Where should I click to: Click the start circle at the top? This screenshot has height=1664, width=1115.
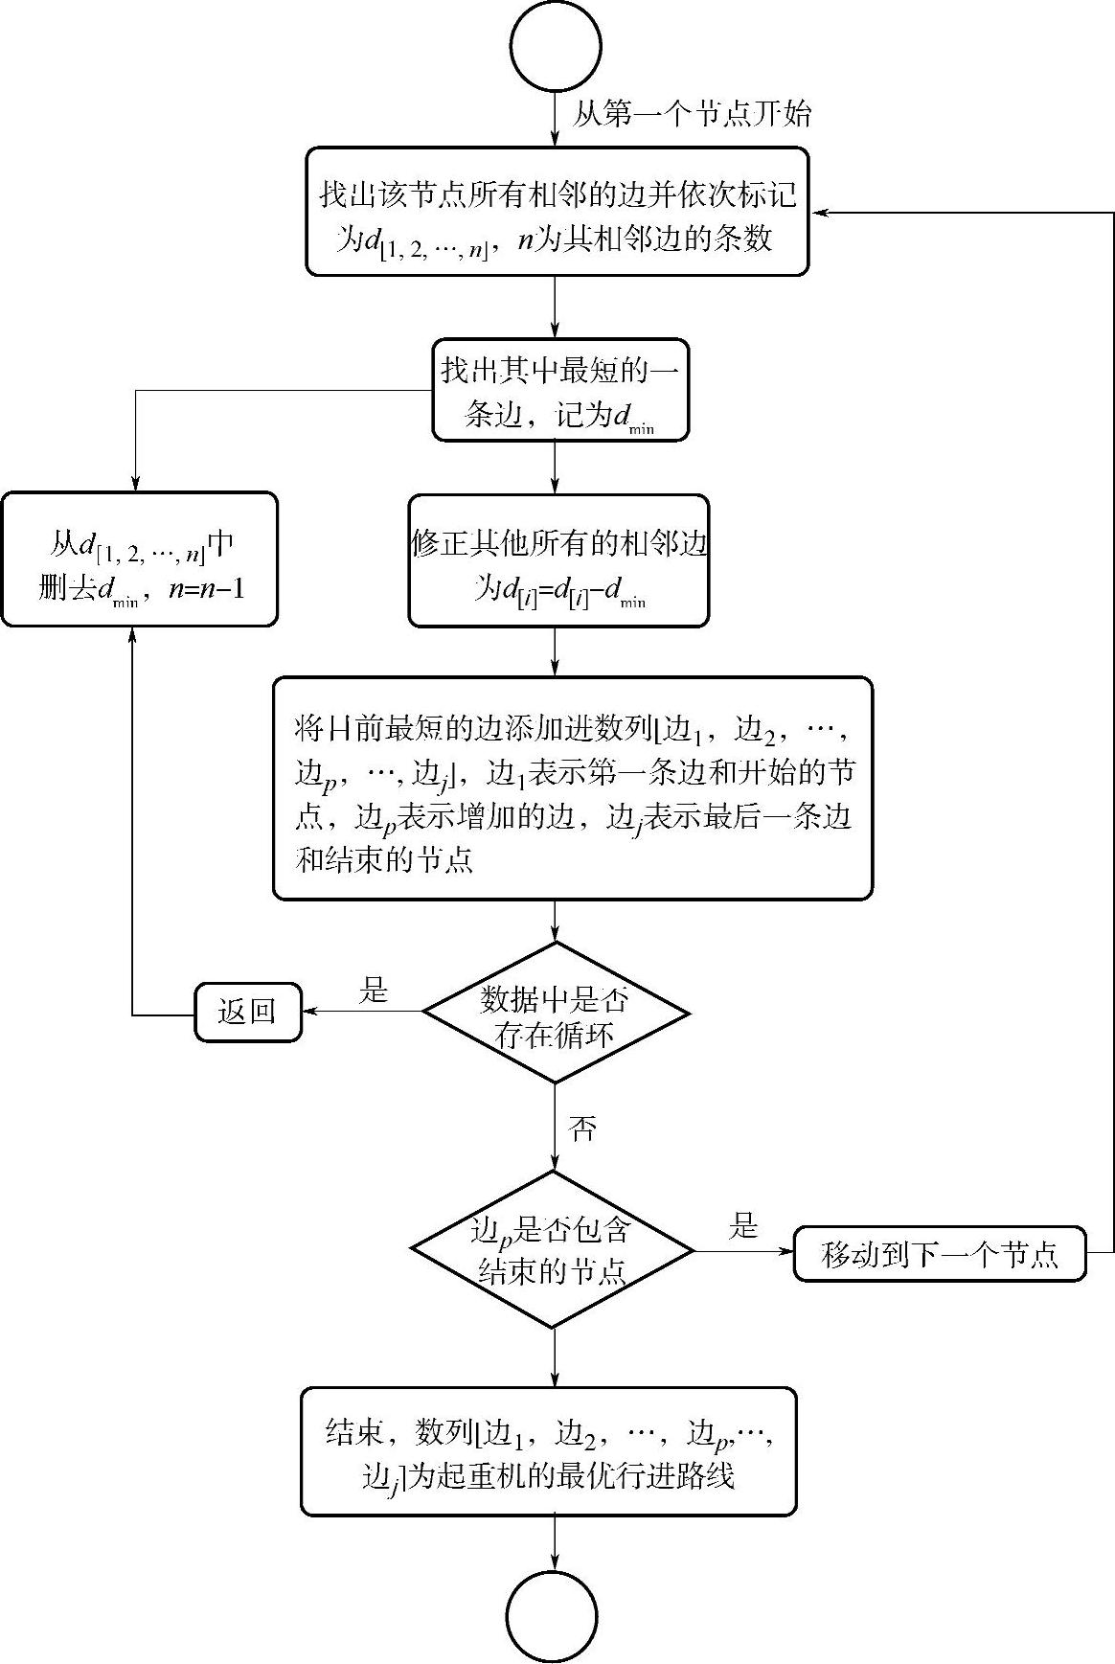pos(557,46)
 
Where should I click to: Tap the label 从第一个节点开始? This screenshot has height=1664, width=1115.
pos(692,115)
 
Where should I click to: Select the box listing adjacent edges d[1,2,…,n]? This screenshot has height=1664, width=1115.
pos(557,212)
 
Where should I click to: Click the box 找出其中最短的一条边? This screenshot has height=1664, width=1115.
pos(560,390)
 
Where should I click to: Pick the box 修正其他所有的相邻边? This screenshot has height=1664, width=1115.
pos(559,561)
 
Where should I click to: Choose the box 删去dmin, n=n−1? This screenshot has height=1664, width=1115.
pos(140,559)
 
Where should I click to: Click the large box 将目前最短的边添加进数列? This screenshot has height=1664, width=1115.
pos(573,788)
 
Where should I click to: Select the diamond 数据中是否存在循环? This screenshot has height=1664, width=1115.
pos(556,1013)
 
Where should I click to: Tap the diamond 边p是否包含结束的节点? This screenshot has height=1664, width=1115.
pos(553,1249)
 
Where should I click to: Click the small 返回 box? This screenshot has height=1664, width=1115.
pos(248,1012)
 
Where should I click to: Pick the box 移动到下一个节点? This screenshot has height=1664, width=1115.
pos(940,1253)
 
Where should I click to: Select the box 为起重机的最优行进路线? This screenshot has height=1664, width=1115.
pos(549,1451)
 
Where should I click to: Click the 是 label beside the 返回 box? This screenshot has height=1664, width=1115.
pos(374,991)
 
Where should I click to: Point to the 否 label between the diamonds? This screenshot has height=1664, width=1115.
pos(581,1128)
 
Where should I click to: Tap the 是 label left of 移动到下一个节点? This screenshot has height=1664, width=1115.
pos(743,1227)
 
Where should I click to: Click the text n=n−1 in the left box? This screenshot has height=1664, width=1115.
pos(206,588)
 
